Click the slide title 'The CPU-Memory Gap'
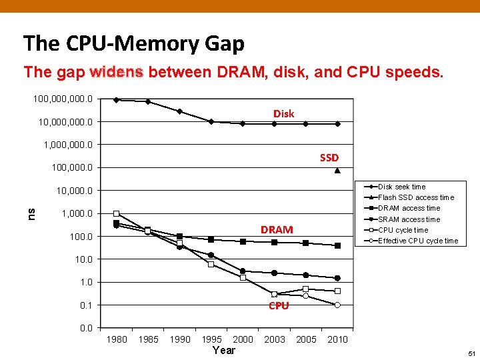click(x=133, y=44)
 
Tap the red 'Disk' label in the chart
click(x=283, y=114)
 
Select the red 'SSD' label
click(x=329, y=158)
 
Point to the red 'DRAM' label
click(x=277, y=229)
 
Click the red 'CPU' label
click(x=279, y=306)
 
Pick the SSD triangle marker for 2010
click(x=337, y=171)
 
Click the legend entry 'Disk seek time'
click(x=401, y=187)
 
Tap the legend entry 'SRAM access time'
click(x=409, y=219)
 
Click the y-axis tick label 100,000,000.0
click(x=63, y=99)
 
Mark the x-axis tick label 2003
click(x=275, y=339)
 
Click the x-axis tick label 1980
click(x=117, y=339)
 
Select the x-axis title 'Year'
click(x=223, y=350)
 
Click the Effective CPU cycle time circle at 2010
click(x=337, y=305)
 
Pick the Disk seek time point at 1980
click(x=116, y=100)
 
